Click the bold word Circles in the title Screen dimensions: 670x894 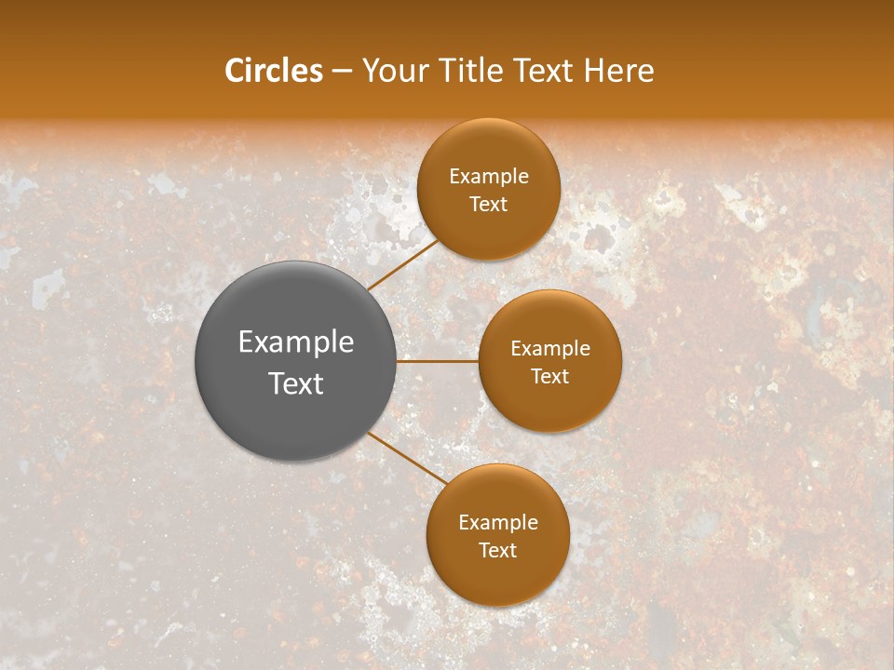(273, 71)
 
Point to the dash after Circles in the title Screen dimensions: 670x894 (342, 72)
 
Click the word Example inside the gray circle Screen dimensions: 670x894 (296, 342)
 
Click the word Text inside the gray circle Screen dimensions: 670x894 (296, 383)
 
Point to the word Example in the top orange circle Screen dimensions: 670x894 (489, 177)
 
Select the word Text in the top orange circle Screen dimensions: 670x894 (489, 205)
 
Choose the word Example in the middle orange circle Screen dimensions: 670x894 (550, 349)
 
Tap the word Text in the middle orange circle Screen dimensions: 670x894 (550, 377)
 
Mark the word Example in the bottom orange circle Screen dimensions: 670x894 (498, 522)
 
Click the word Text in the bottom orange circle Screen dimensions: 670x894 (498, 550)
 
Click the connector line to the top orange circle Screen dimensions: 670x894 (402, 264)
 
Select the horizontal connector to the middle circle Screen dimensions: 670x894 (438, 361)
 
